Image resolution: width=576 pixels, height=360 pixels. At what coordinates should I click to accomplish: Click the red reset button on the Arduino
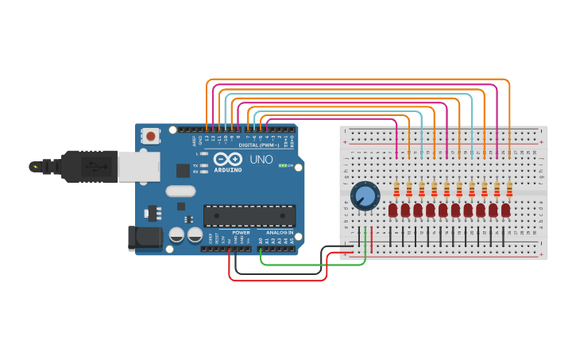point(151,137)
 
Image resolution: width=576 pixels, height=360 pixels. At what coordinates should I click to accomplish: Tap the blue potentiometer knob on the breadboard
point(365,195)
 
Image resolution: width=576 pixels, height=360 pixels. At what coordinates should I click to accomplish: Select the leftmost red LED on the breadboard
point(392,210)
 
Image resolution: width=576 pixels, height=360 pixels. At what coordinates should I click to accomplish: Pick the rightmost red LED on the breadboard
point(506,210)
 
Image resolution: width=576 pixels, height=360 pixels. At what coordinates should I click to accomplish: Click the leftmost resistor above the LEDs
point(396,189)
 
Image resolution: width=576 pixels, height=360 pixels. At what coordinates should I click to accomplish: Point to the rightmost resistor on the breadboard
point(509,189)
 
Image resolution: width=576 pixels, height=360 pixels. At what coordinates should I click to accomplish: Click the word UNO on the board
point(261,160)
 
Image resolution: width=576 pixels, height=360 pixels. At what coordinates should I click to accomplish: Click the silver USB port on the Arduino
point(138,167)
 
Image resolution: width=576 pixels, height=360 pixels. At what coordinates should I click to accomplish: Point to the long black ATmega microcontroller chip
point(249,216)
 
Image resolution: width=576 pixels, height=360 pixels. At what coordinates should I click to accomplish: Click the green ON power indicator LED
point(282,166)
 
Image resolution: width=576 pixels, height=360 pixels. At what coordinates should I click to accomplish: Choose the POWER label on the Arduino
point(241,232)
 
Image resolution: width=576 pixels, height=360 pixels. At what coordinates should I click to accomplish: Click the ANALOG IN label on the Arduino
point(279,232)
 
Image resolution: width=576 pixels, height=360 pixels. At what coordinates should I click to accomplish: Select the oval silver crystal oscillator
point(180,191)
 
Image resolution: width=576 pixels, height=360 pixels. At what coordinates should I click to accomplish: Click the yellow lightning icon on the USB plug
point(34,166)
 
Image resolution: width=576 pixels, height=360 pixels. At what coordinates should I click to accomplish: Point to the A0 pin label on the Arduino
point(261,240)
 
